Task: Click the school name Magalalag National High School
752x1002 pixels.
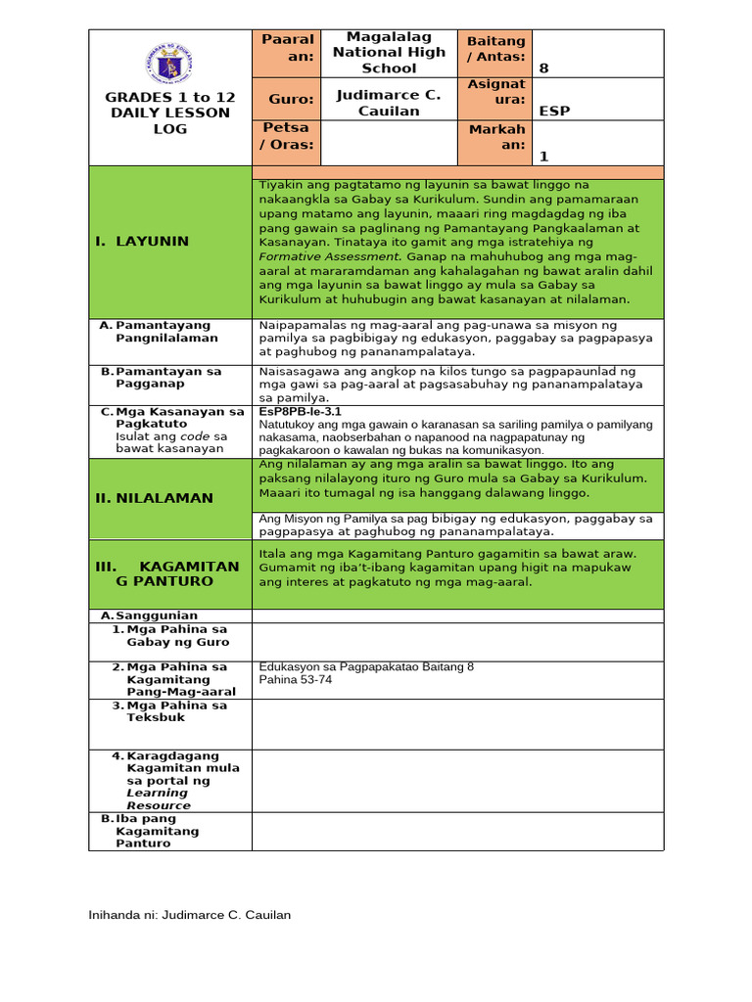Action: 389,52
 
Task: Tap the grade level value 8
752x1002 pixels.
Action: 543,68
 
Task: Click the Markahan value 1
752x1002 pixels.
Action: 544,156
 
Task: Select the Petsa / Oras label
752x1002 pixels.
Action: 286,136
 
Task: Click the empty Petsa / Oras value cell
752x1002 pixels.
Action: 389,142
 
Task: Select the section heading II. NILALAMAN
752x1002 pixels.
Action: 154,498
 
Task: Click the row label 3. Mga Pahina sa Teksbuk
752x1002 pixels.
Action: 176,711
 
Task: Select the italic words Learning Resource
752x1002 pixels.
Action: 158,799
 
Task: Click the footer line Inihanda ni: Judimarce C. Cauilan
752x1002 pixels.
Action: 190,915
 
